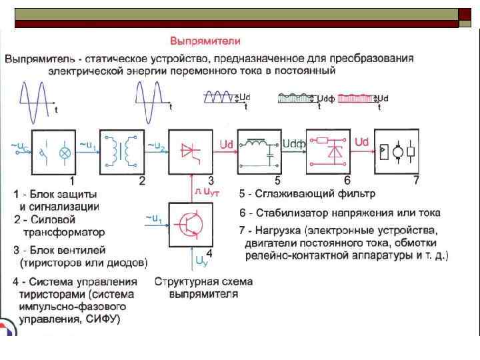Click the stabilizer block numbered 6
pyautogui.click(x=327, y=151)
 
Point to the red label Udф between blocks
pyautogui.click(x=293, y=143)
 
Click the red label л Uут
pyautogui.click(x=207, y=192)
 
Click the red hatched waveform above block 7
pyautogui.click(x=357, y=98)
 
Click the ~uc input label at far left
pyautogui.click(x=19, y=143)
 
